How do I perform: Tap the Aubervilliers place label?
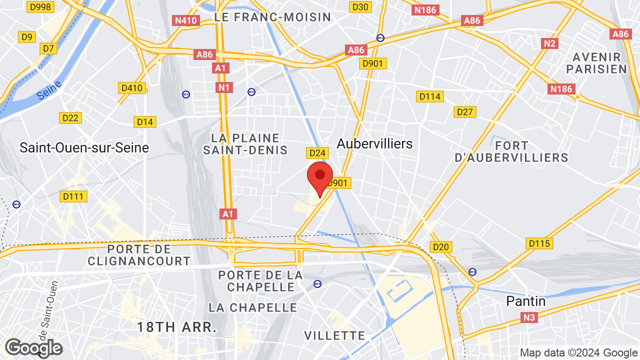(x=374, y=144)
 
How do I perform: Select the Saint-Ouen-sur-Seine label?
(x=84, y=147)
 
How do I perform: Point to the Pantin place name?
(x=526, y=301)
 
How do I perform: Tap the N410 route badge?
(x=186, y=20)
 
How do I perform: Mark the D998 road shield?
(x=40, y=6)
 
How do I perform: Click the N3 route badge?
(x=529, y=317)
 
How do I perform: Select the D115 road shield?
(x=539, y=243)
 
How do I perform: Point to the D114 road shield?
(x=429, y=96)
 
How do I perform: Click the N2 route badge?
(x=550, y=43)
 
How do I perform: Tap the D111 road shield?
(x=73, y=196)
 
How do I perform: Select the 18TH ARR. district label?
(x=177, y=327)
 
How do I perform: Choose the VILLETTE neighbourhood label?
(x=334, y=335)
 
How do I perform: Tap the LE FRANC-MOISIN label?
(x=272, y=17)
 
